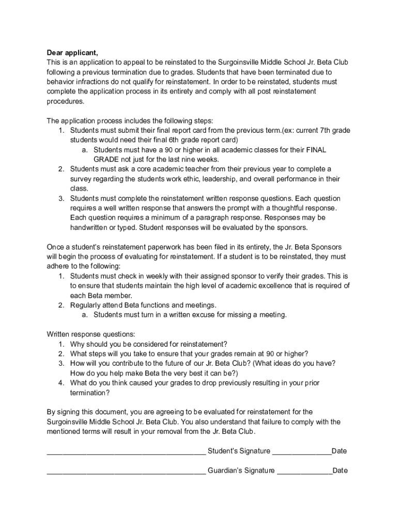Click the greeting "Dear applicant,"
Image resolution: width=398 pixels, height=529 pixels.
coord(72,53)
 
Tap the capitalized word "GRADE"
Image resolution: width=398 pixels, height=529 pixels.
coord(106,160)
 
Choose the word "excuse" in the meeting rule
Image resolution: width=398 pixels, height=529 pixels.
coord(206,315)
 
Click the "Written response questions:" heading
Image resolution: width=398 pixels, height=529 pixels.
coord(91,334)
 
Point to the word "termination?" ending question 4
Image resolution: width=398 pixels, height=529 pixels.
coord(90,393)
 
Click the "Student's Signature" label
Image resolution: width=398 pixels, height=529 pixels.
coord(238,451)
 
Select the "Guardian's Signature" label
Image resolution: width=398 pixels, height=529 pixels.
coord(241,471)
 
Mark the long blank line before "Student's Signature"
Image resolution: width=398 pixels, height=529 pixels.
coord(126,453)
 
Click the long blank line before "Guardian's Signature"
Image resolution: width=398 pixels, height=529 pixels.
coord(126,473)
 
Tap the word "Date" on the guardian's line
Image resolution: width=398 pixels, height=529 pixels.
coord(340,471)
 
